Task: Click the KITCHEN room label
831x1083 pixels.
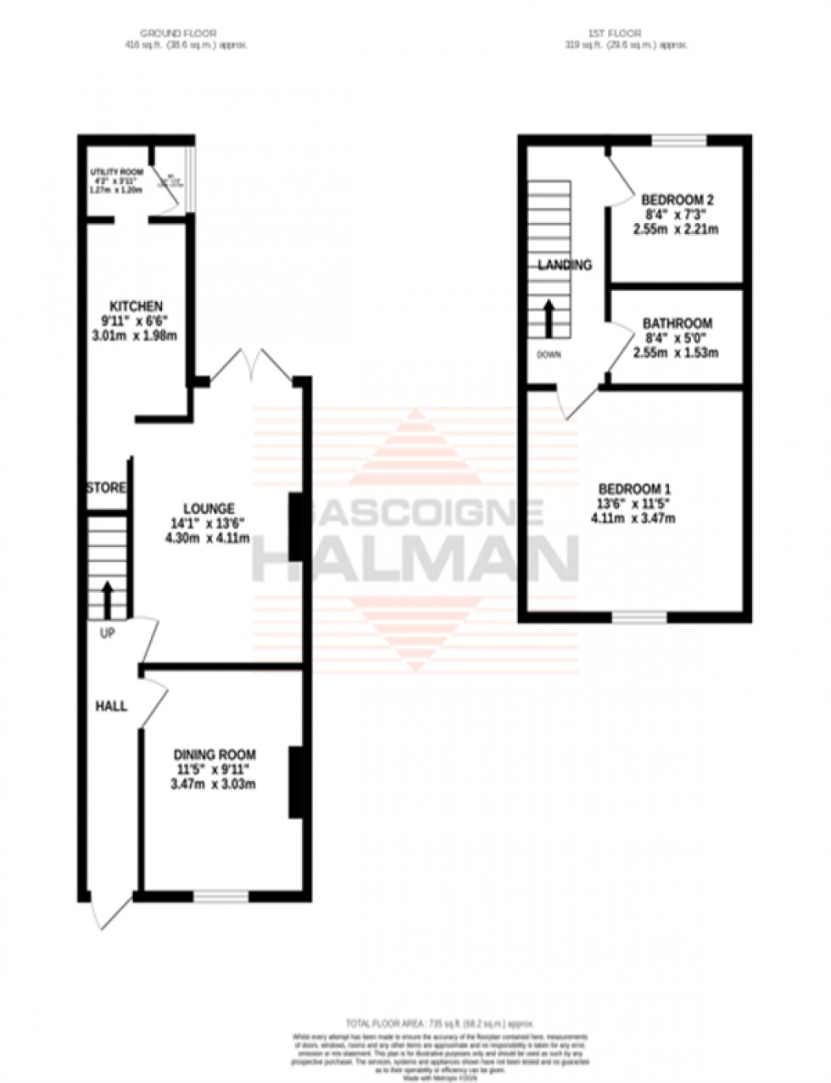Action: point(136,306)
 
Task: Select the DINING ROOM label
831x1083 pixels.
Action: point(215,755)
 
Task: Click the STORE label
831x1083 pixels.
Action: point(107,488)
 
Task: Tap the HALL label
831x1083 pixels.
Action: point(111,705)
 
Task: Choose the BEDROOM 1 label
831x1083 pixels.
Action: point(634,489)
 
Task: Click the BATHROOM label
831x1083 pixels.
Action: point(677,323)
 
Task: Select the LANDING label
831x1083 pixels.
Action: point(565,265)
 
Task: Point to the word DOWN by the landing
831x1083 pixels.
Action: point(549,354)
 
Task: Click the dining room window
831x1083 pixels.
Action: point(220,896)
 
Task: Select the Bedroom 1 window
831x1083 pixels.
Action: point(639,617)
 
